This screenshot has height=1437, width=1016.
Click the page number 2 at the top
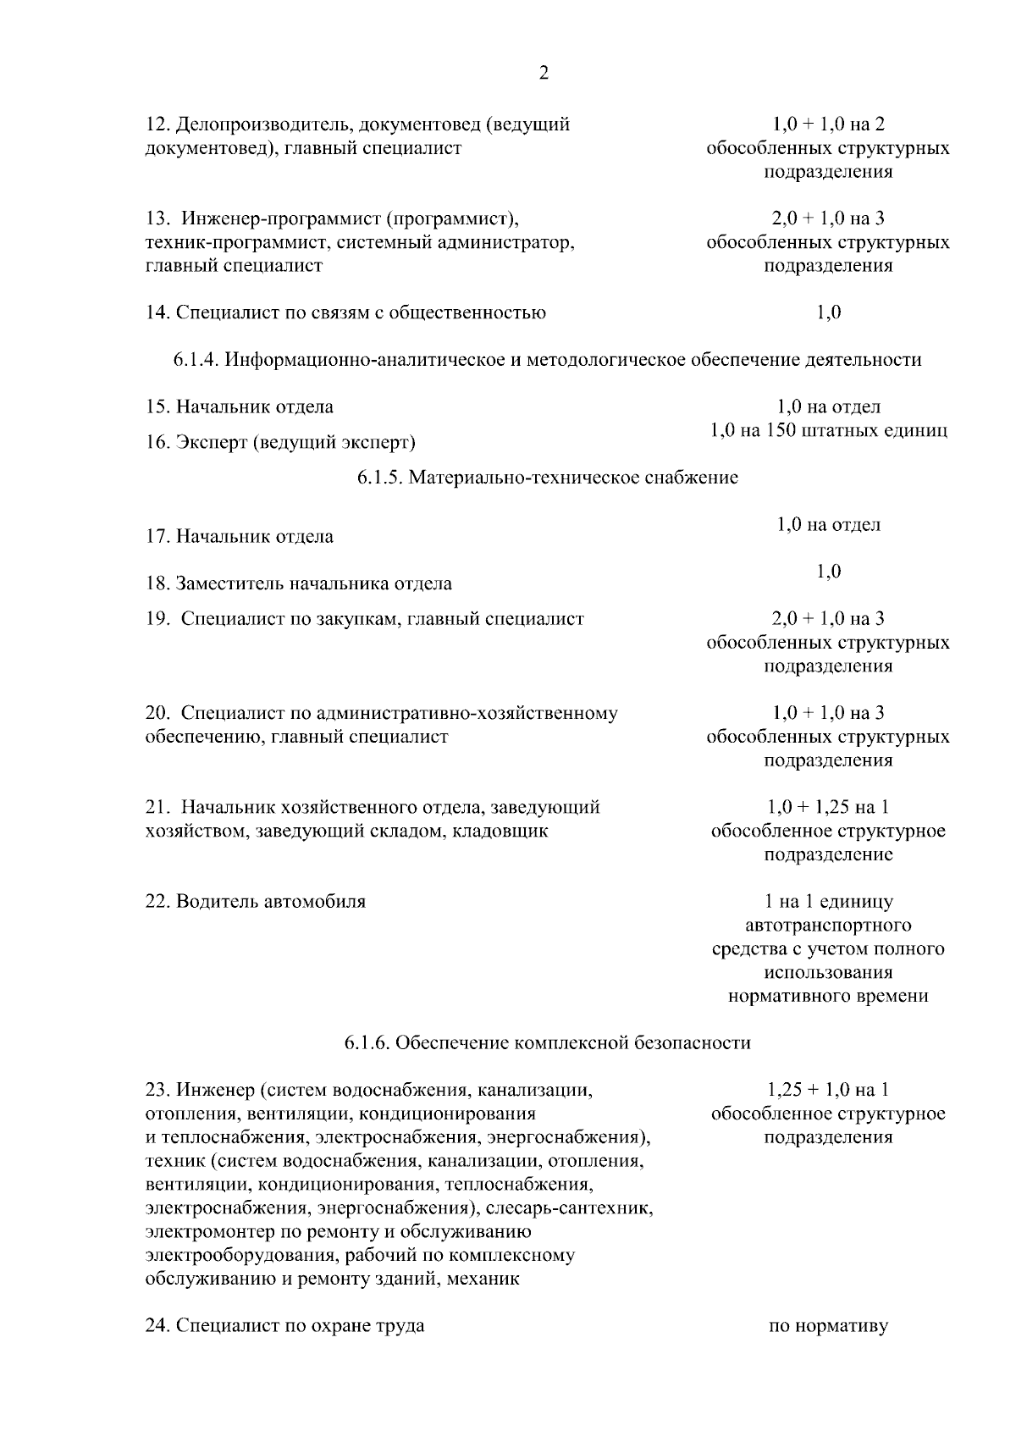click(544, 74)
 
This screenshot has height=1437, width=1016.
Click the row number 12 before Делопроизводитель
click(157, 124)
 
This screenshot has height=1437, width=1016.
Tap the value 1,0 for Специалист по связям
click(828, 312)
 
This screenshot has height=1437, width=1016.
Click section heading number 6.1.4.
click(196, 360)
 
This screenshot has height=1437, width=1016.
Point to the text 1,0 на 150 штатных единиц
click(828, 430)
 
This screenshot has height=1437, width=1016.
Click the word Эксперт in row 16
click(212, 442)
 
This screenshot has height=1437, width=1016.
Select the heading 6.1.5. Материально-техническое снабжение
click(547, 478)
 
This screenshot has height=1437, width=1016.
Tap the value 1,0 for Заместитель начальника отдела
click(828, 572)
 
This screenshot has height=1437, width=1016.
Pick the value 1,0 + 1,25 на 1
click(828, 807)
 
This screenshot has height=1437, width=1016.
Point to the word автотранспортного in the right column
click(828, 925)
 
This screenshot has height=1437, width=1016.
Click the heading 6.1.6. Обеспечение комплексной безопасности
click(547, 1042)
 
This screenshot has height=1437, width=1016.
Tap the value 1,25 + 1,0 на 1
click(828, 1090)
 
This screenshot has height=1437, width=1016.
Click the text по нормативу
click(828, 1326)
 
